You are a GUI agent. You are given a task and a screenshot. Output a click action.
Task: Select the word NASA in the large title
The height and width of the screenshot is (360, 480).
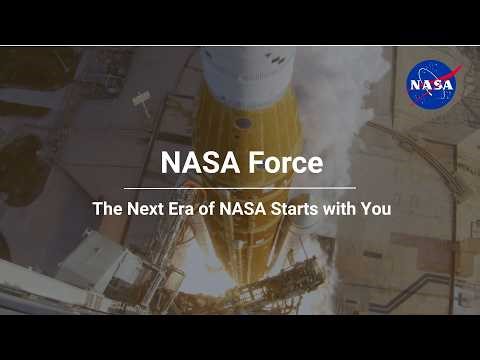click(199, 163)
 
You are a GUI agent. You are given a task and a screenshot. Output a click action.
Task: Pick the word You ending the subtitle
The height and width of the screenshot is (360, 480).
click(376, 211)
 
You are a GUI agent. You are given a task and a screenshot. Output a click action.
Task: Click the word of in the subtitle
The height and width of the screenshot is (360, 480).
click(220, 211)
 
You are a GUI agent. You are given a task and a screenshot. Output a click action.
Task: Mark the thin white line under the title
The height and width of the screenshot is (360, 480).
click(240, 187)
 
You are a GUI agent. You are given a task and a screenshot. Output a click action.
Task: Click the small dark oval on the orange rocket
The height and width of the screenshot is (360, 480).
click(243, 123)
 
